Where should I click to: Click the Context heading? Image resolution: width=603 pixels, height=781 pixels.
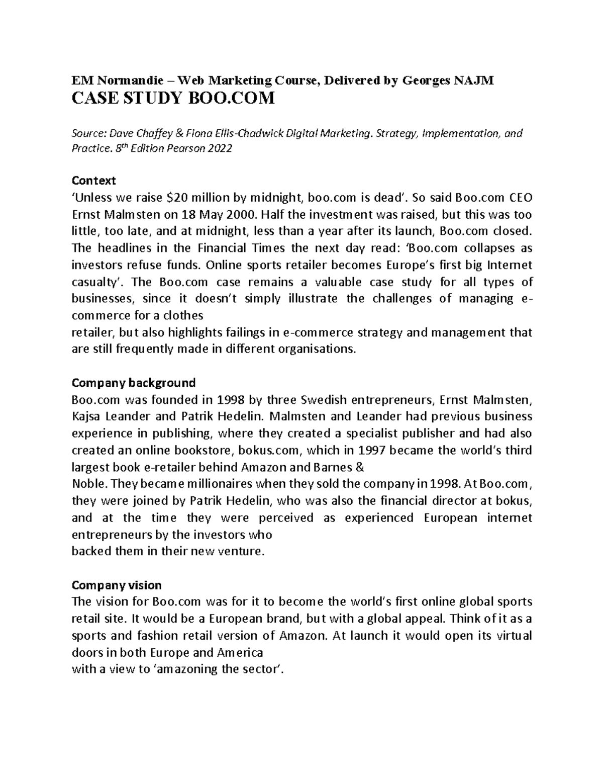(94, 180)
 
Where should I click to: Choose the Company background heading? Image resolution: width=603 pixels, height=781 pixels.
(134, 383)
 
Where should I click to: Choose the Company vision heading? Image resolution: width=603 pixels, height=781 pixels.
(117, 585)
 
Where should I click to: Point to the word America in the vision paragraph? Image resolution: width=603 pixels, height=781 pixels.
(240, 653)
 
